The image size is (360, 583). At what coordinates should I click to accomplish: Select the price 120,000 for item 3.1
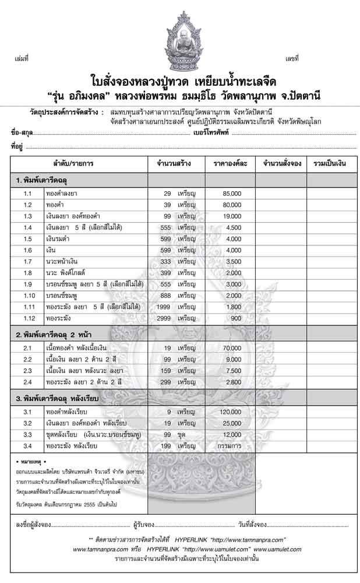point(231,412)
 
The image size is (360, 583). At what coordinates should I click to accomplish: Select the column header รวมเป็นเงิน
point(330,164)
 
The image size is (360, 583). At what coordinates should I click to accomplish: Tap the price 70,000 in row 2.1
point(231,348)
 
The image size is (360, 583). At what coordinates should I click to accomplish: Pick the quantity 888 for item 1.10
point(167,296)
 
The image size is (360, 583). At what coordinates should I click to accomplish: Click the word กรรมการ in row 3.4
point(231,445)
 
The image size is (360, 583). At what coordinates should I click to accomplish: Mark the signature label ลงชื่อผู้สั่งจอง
point(34,524)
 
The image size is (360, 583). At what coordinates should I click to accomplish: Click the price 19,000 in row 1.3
point(231,216)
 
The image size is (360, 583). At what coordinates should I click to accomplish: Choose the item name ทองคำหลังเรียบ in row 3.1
point(67,412)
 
